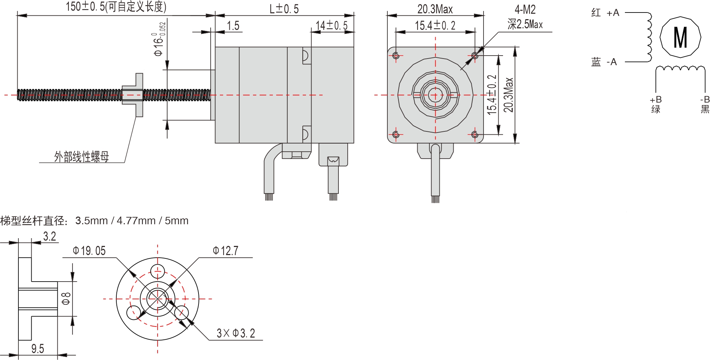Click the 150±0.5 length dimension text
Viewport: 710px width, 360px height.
point(116,7)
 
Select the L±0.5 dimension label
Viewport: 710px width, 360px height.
point(284,9)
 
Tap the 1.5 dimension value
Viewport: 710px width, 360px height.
point(233,26)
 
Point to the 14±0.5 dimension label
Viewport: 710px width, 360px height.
point(331,25)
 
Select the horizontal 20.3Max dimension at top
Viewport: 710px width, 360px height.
point(435,9)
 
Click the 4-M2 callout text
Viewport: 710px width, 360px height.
point(525,10)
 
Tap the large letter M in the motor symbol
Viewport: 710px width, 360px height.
point(680,38)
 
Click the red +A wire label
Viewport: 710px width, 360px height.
point(605,13)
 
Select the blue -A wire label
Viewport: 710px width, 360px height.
point(604,62)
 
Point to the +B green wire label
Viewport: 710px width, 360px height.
point(655,105)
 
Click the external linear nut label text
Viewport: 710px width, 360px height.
point(81,157)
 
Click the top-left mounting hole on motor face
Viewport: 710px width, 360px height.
point(396,56)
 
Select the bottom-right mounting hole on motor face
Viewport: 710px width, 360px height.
point(475,134)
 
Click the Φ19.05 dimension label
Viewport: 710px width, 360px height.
point(89,251)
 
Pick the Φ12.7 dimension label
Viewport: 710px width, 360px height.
point(225,251)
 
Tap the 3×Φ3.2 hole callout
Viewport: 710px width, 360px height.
point(236,333)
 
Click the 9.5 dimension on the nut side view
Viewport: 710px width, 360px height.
point(38,349)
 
